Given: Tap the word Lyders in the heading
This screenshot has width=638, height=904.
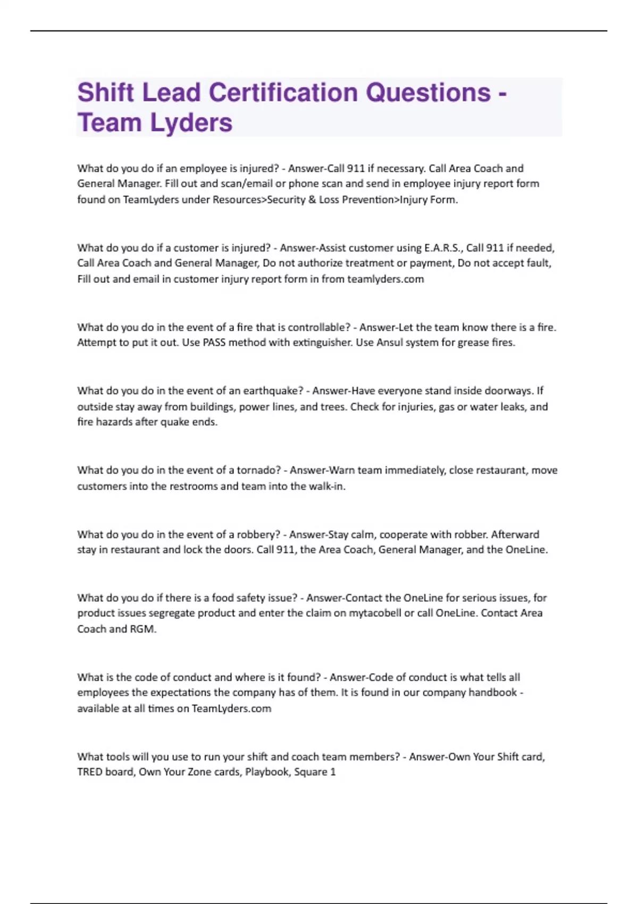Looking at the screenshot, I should point(191,123).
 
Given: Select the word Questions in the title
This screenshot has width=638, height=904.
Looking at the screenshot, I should point(428,93).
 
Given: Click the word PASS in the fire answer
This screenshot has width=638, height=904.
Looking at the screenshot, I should point(214,342).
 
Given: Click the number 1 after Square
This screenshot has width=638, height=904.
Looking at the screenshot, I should point(333,772).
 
